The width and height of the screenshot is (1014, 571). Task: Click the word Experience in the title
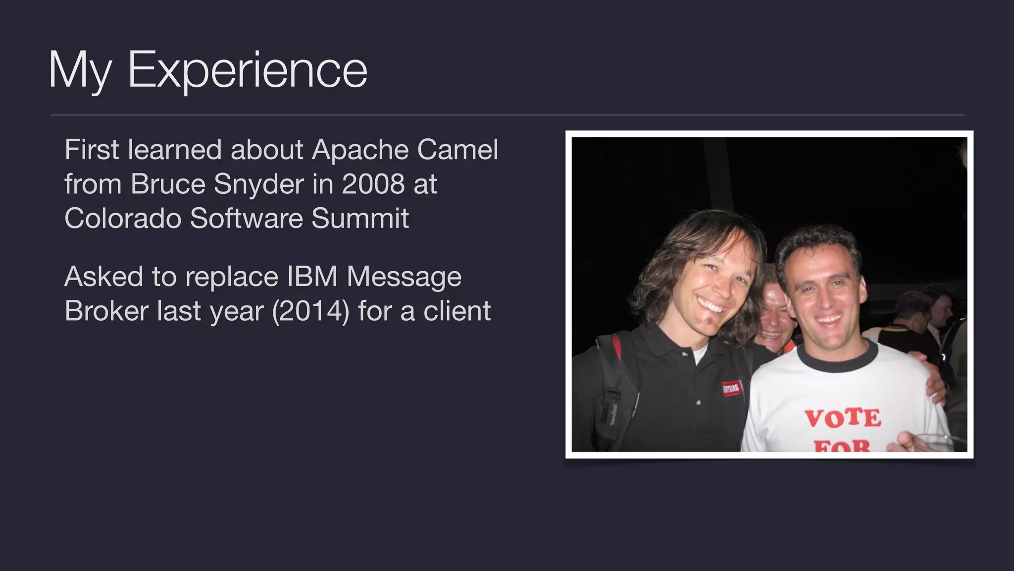pyautogui.click(x=248, y=70)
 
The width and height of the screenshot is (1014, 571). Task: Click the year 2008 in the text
pyautogui.click(x=373, y=184)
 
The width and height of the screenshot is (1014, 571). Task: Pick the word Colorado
pyautogui.click(x=122, y=218)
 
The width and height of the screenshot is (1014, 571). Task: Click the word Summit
pyautogui.click(x=360, y=218)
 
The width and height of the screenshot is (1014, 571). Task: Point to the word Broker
pyautogui.click(x=106, y=311)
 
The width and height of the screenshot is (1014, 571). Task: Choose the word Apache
pyautogui.click(x=359, y=150)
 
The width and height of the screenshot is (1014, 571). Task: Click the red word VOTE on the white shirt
pyautogui.click(x=842, y=418)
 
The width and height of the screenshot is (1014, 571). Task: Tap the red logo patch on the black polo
pyautogui.click(x=731, y=388)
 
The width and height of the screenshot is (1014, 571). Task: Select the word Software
pyautogui.click(x=246, y=218)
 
